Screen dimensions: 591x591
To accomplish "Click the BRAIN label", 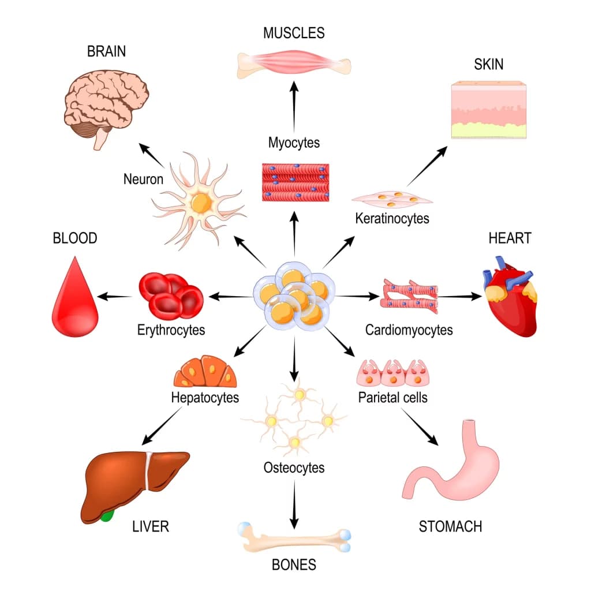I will [x=106, y=51].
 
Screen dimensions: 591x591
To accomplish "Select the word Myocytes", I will [x=294, y=142].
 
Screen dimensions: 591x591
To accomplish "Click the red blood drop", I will [x=74, y=300].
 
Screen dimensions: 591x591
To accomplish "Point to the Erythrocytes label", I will [x=171, y=330].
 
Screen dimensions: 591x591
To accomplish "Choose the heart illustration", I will [x=508, y=300].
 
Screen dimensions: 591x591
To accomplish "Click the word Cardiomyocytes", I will [x=409, y=330].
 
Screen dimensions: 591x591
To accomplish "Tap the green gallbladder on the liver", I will [x=107, y=515].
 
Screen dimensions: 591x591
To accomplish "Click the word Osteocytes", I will [x=294, y=467].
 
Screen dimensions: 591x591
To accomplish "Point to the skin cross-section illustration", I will [x=488, y=110].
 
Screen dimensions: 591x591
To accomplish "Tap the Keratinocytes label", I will [x=392, y=219].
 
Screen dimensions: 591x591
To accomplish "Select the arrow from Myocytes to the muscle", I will [x=294, y=107].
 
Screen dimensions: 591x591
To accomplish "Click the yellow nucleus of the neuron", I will [x=200, y=203].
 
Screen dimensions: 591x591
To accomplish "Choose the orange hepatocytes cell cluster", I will [x=205, y=373].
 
